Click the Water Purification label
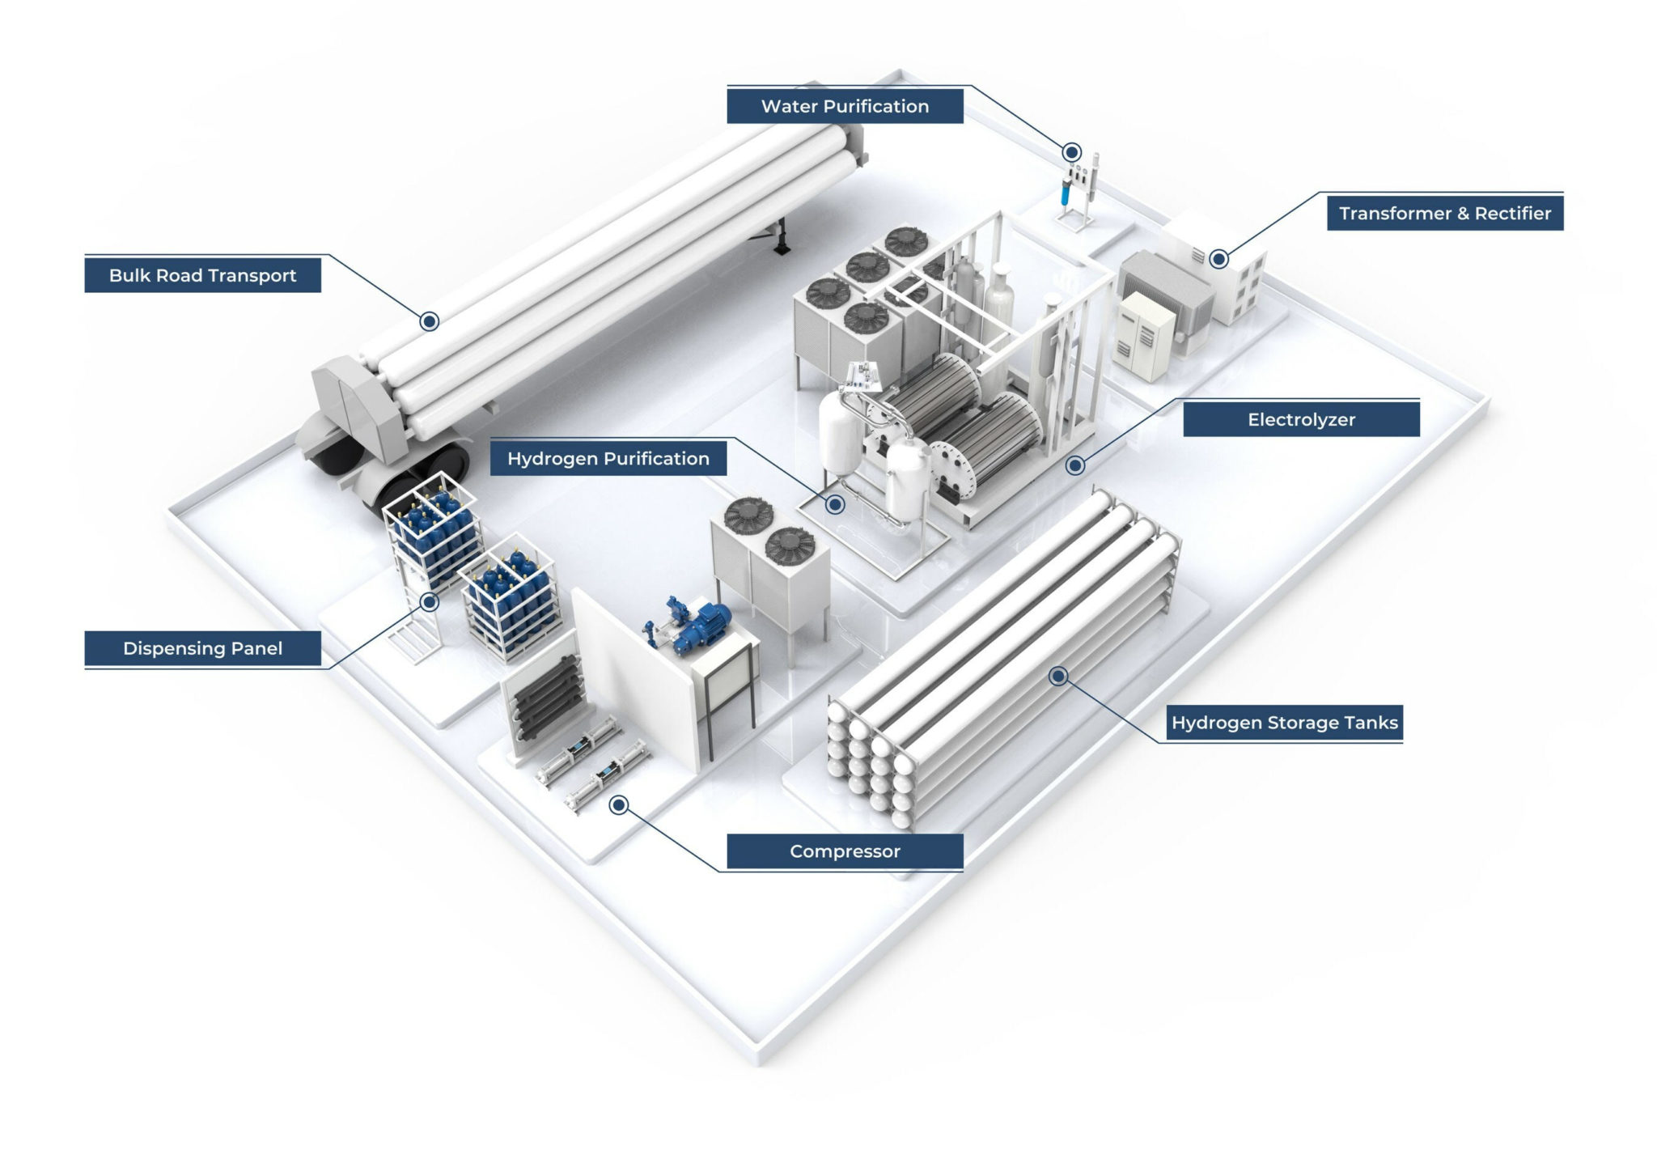pos(845,106)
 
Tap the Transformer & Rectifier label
pos(1444,213)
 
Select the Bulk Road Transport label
pos(202,275)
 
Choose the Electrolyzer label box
pos(1300,419)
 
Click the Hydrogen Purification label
pos(608,459)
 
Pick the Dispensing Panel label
pos(202,648)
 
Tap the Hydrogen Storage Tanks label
pos(1284,723)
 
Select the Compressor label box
pos(845,851)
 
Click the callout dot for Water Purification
pos(1071,152)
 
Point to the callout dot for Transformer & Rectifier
pos(1218,259)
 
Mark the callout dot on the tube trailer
pos(430,321)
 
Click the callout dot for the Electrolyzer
pos(1075,465)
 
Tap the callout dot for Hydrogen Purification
pos(836,505)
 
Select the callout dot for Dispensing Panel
pos(430,602)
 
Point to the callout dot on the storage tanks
pos(1058,676)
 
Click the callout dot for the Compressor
pos(619,804)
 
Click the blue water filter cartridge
pos(1065,193)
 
